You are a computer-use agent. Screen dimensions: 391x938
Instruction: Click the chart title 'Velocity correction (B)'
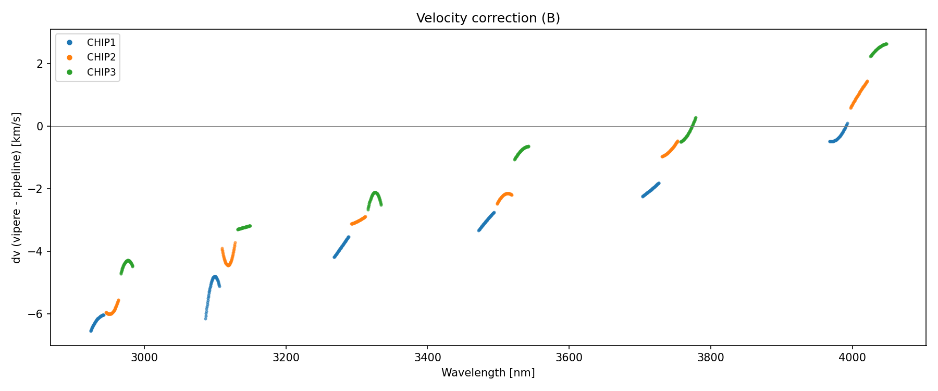488,18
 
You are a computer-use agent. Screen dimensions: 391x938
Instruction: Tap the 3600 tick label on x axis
569,358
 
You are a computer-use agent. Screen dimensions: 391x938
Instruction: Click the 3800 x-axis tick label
711,358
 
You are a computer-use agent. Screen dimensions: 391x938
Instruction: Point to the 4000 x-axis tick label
853,358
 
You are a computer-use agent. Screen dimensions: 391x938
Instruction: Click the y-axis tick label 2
40,64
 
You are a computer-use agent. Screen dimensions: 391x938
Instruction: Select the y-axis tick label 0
40,127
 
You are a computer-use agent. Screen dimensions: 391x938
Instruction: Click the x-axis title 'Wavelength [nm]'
488,373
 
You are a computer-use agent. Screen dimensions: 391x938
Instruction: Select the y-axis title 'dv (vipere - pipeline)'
17,188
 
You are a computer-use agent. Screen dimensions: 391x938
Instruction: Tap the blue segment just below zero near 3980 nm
836,140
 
